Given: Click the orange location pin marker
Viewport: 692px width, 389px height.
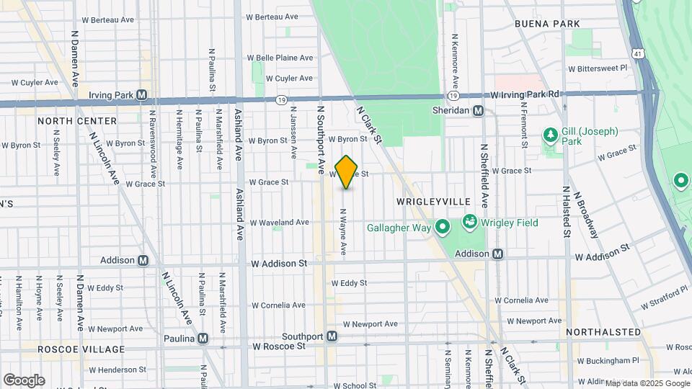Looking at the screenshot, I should click(x=347, y=172).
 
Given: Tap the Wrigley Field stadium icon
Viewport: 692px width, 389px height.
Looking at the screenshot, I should click(x=470, y=221).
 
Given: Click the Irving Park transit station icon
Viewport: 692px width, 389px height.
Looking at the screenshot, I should click(x=141, y=95).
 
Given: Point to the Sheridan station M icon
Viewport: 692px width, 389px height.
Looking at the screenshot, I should click(x=479, y=110).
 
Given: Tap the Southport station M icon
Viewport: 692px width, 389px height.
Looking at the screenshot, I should click(x=332, y=336).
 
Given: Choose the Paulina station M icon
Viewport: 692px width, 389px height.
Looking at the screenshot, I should click(x=203, y=339).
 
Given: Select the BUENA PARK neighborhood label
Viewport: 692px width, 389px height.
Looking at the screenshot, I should click(x=547, y=24).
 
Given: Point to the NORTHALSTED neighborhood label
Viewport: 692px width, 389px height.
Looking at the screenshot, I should click(x=603, y=332).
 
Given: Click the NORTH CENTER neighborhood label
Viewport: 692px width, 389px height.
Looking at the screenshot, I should click(x=77, y=121).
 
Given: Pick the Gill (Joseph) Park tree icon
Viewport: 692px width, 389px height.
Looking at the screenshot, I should click(x=550, y=135).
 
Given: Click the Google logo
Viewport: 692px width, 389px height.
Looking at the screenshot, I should click(x=24, y=380).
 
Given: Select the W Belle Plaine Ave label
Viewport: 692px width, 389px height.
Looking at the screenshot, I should click(x=280, y=58).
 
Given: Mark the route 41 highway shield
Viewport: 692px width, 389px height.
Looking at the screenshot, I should click(x=637, y=53).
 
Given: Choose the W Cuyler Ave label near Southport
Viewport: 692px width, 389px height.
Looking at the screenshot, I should click(x=289, y=78).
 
